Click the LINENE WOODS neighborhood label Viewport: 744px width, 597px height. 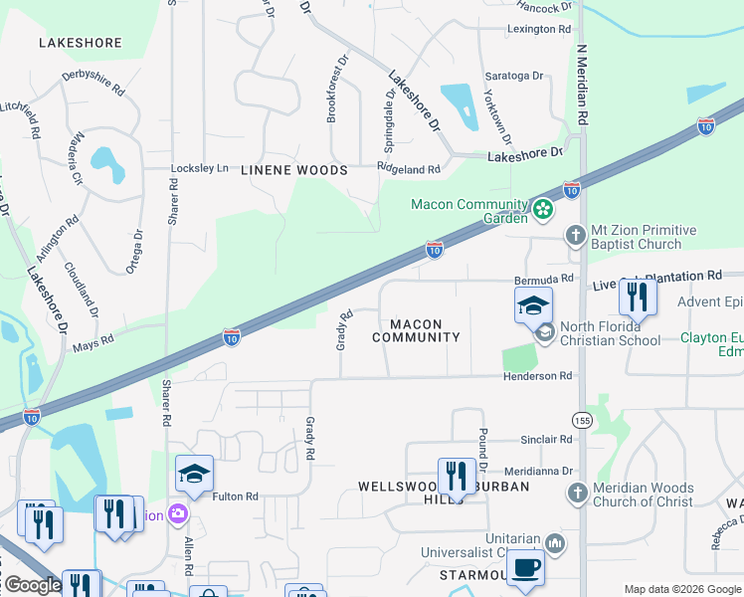294,170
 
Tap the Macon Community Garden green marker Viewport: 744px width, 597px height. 542,209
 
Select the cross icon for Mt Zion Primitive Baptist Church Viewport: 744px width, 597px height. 575,236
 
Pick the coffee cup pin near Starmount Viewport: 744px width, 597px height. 525,567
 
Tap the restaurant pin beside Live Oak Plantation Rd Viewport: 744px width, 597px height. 637,297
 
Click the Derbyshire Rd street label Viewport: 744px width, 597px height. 93,82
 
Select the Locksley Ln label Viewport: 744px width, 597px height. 200,168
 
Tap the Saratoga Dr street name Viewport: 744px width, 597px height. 513,76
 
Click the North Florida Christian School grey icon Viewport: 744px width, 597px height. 544,333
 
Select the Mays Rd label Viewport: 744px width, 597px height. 93,343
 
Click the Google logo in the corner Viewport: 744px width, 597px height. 32,585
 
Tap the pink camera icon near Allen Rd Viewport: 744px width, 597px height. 178,514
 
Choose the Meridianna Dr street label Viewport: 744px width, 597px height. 540,471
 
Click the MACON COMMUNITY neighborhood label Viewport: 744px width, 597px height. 416,330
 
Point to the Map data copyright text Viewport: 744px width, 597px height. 682,588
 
